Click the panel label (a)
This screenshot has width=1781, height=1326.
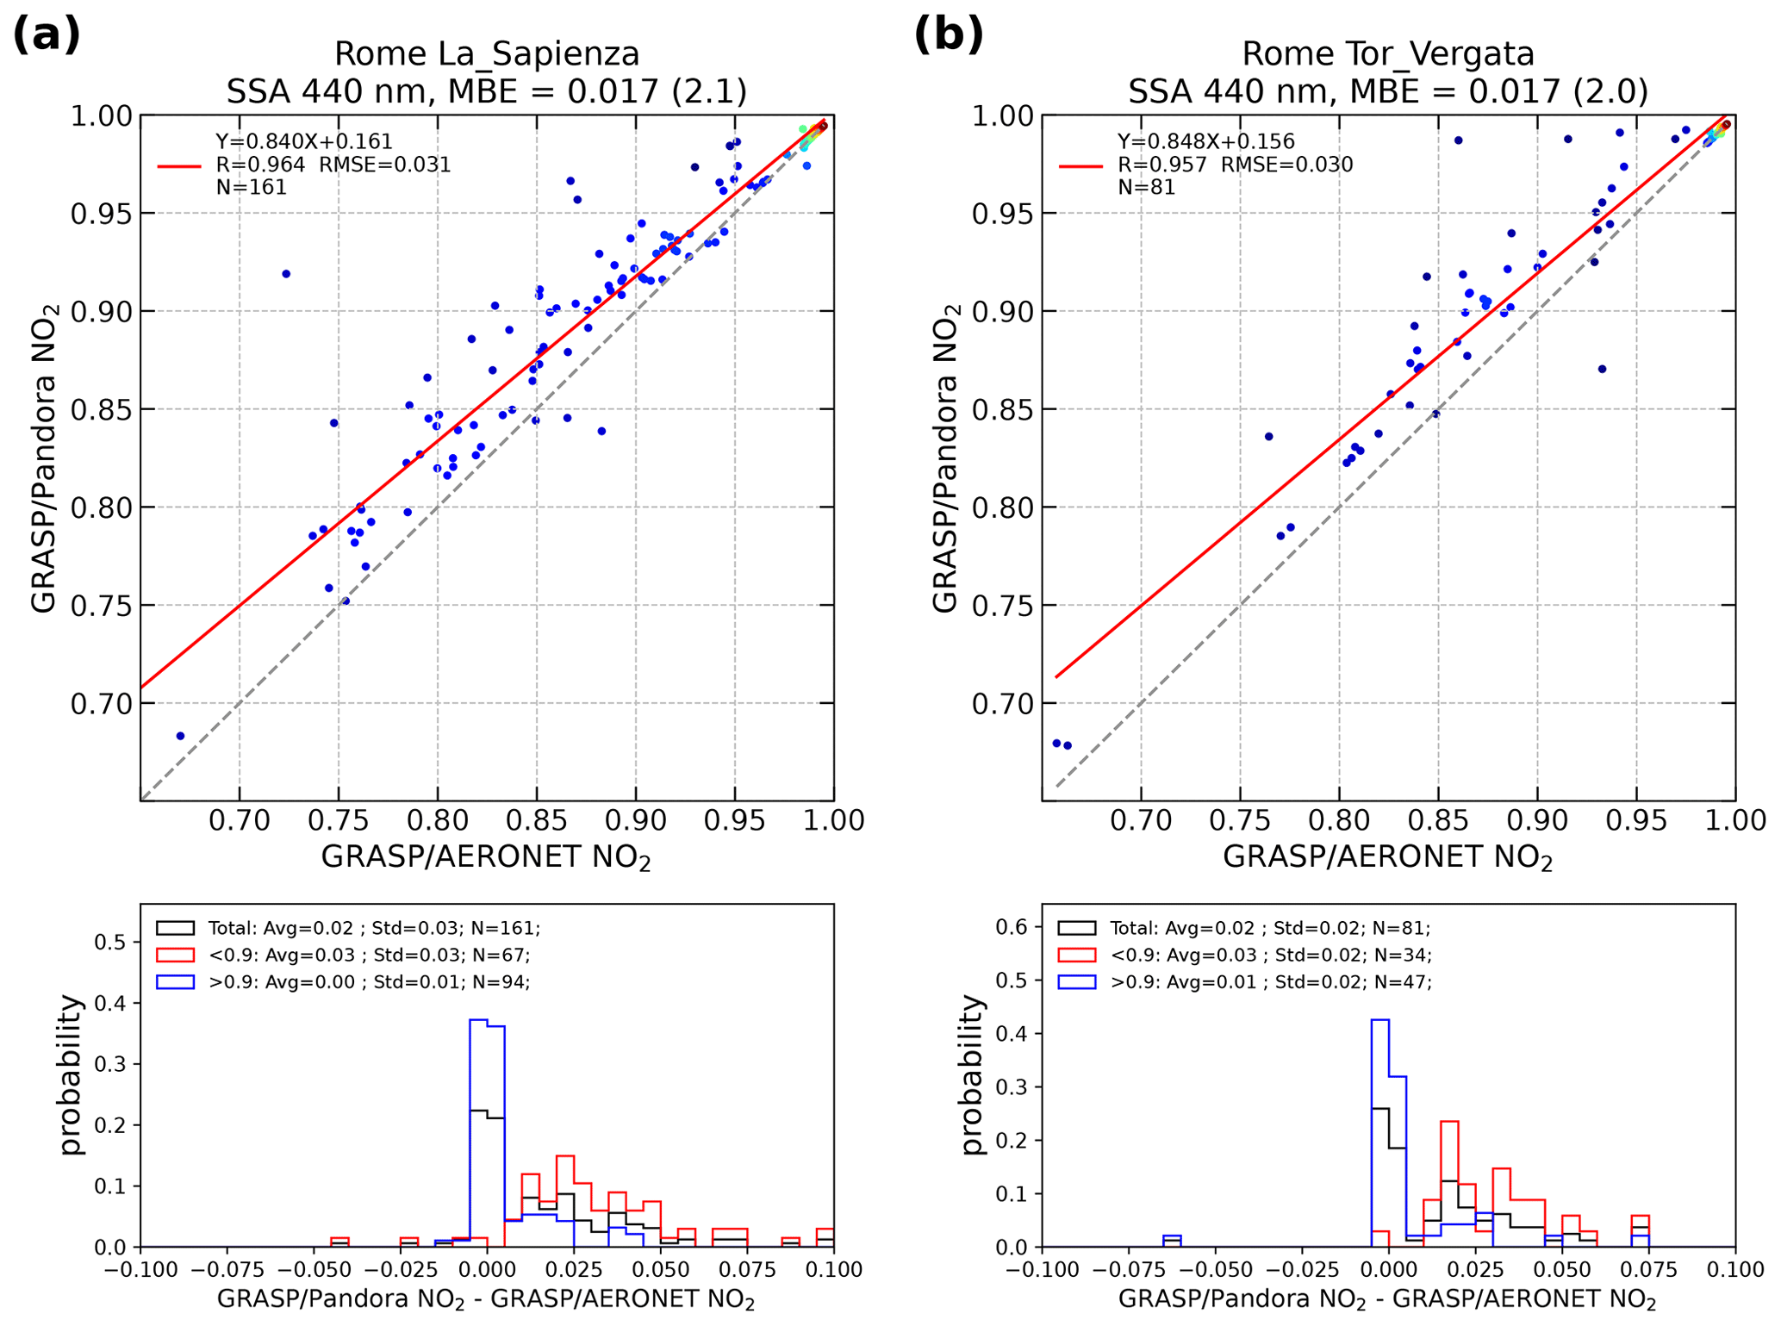click(x=47, y=36)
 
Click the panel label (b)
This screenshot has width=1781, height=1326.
click(x=948, y=36)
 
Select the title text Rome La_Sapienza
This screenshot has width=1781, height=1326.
click(x=487, y=54)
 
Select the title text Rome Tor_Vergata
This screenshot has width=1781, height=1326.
click(x=1387, y=54)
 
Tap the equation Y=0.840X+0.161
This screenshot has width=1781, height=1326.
click(x=303, y=141)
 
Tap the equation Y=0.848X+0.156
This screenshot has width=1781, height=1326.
click(x=1205, y=141)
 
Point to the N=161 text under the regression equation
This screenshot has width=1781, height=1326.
click(x=251, y=187)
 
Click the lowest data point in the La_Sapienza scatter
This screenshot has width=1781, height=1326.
click(x=180, y=736)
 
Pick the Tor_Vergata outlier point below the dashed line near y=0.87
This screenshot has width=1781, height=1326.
click(x=1602, y=369)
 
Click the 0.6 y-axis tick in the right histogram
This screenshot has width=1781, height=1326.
click(x=1012, y=927)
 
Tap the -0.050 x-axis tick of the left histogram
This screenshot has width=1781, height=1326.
click(x=314, y=1270)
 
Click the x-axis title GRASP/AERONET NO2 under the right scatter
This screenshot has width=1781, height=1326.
click(x=1387, y=858)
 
